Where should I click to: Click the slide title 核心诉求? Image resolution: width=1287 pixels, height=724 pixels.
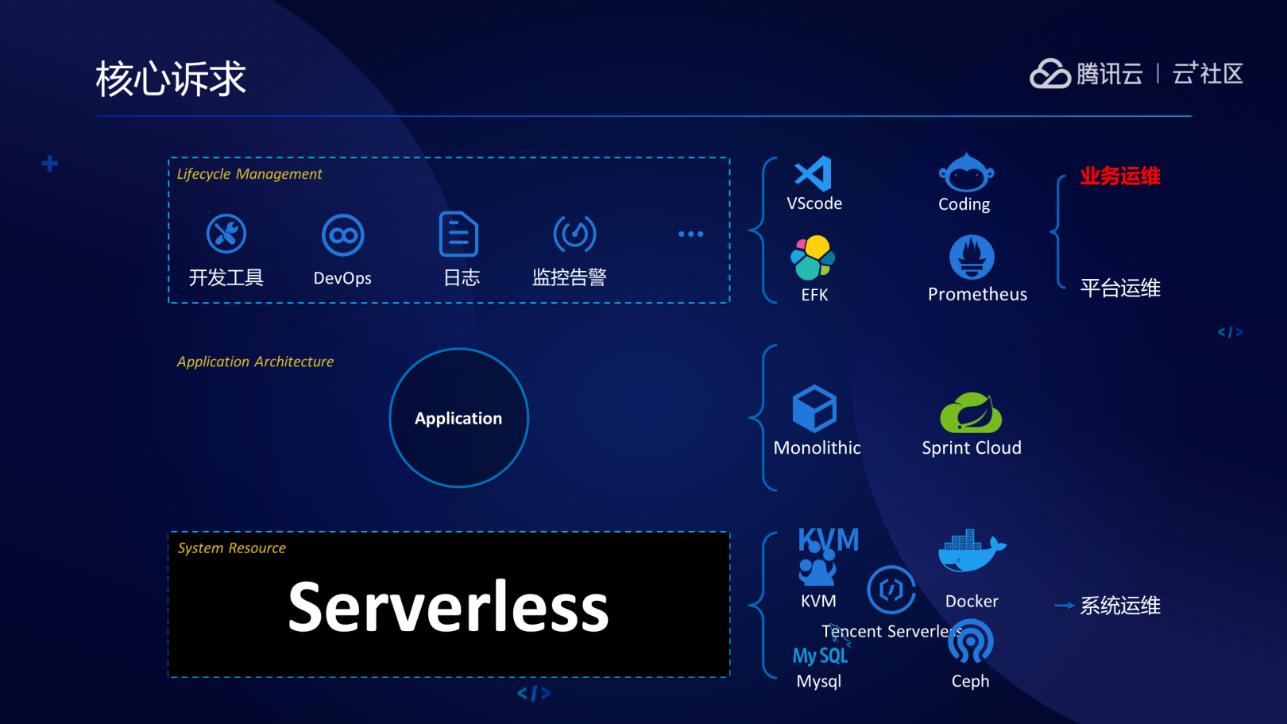[x=171, y=79]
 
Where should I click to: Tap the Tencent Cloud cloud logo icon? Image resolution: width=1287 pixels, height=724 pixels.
[x=1050, y=74]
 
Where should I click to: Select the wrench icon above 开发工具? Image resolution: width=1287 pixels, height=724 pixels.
[x=226, y=234]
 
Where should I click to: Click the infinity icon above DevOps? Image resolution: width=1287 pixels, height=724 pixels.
[x=342, y=235]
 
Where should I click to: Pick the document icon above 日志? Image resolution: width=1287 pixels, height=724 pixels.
[x=458, y=234]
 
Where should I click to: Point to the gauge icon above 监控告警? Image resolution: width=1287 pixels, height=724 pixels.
[x=574, y=234]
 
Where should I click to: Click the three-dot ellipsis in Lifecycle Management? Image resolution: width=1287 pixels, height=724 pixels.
[x=690, y=234]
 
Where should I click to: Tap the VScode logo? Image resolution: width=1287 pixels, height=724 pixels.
[x=814, y=174]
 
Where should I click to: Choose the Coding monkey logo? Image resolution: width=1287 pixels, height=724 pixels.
[x=965, y=172]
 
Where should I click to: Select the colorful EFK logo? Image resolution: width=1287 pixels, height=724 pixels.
[x=813, y=258]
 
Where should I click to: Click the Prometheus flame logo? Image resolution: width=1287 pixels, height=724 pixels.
[x=972, y=257]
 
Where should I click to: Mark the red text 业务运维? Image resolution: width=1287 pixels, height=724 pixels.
[x=1119, y=176]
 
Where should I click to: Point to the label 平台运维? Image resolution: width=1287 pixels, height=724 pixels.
[x=1119, y=288]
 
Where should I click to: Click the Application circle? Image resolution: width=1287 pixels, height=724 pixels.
[x=458, y=418]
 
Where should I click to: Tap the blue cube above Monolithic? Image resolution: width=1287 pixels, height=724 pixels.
[x=814, y=408]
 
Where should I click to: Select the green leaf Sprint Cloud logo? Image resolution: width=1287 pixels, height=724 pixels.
[x=970, y=412]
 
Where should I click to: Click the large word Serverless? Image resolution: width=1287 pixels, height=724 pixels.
[x=448, y=607]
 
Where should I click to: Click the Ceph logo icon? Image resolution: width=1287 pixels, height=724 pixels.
[x=970, y=643]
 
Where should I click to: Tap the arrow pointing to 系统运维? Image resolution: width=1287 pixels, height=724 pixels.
[x=1064, y=606]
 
